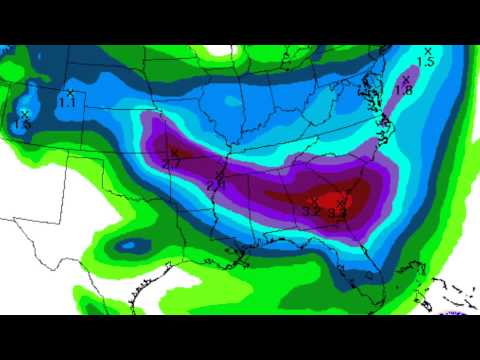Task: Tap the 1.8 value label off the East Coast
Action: click(405, 91)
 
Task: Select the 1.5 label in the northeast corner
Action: click(425, 62)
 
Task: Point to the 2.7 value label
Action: click(171, 163)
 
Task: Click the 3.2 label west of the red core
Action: click(311, 211)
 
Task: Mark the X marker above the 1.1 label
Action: click(70, 93)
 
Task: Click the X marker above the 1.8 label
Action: click(406, 78)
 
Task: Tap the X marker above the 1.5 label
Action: click(428, 50)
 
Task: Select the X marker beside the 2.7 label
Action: click(173, 152)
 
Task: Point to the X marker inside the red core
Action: click(342, 203)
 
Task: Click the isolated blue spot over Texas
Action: click(127, 245)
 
